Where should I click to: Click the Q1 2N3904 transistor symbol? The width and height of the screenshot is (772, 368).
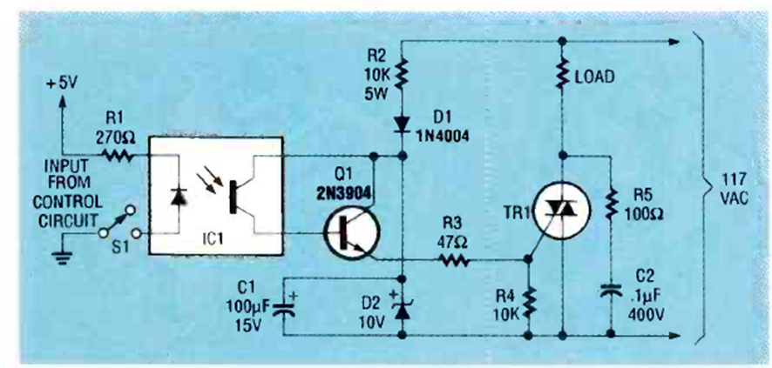tap(351, 232)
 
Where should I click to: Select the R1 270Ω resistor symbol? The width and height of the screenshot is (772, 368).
tap(118, 157)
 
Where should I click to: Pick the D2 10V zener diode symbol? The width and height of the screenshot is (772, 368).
tap(403, 310)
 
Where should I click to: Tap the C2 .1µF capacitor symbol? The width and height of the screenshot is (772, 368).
tap(611, 291)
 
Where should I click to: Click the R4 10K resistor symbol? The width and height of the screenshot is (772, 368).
tap(529, 303)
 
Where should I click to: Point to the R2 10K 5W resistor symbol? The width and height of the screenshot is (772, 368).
tap(402, 74)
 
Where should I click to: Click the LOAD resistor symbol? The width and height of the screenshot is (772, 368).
tap(562, 74)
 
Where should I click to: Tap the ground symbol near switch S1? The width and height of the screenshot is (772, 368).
tap(62, 256)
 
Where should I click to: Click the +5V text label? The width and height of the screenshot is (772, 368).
tap(62, 84)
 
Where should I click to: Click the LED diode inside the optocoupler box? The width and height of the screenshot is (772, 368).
tap(179, 197)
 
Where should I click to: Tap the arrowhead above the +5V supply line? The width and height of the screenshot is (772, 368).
tap(62, 101)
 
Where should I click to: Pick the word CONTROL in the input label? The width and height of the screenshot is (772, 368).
tap(69, 203)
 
